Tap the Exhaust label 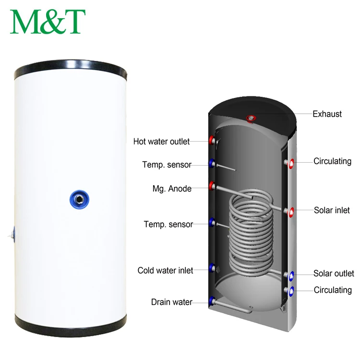click(327, 114)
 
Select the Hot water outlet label click(161, 142)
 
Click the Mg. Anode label click(172, 189)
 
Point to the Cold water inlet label click(165, 271)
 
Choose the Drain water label click(171, 302)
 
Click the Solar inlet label click(332, 210)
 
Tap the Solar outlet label click(334, 274)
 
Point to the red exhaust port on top click(251, 118)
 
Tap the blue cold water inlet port click(212, 267)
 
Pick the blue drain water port click(212, 301)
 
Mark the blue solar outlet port click(291, 275)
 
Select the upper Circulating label click(332, 161)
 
